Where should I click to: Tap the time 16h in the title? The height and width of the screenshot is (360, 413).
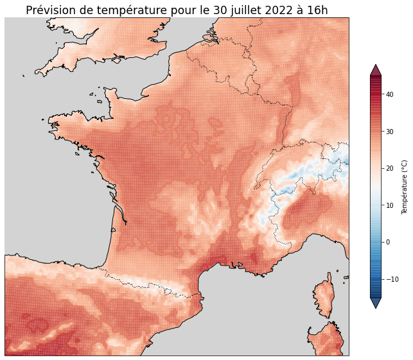coord(315,10)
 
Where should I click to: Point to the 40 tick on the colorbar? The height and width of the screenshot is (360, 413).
coord(389,94)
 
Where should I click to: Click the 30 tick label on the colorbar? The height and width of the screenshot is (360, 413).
coord(389,132)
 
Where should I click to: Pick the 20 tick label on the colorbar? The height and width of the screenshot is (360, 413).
coord(389,168)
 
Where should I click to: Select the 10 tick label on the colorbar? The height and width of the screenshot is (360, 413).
coord(389,205)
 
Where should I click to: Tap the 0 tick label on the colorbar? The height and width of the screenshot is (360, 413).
coord(387,242)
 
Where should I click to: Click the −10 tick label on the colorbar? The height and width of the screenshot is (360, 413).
coord(391,279)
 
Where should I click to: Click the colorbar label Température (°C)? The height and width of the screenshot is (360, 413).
coord(405,187)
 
